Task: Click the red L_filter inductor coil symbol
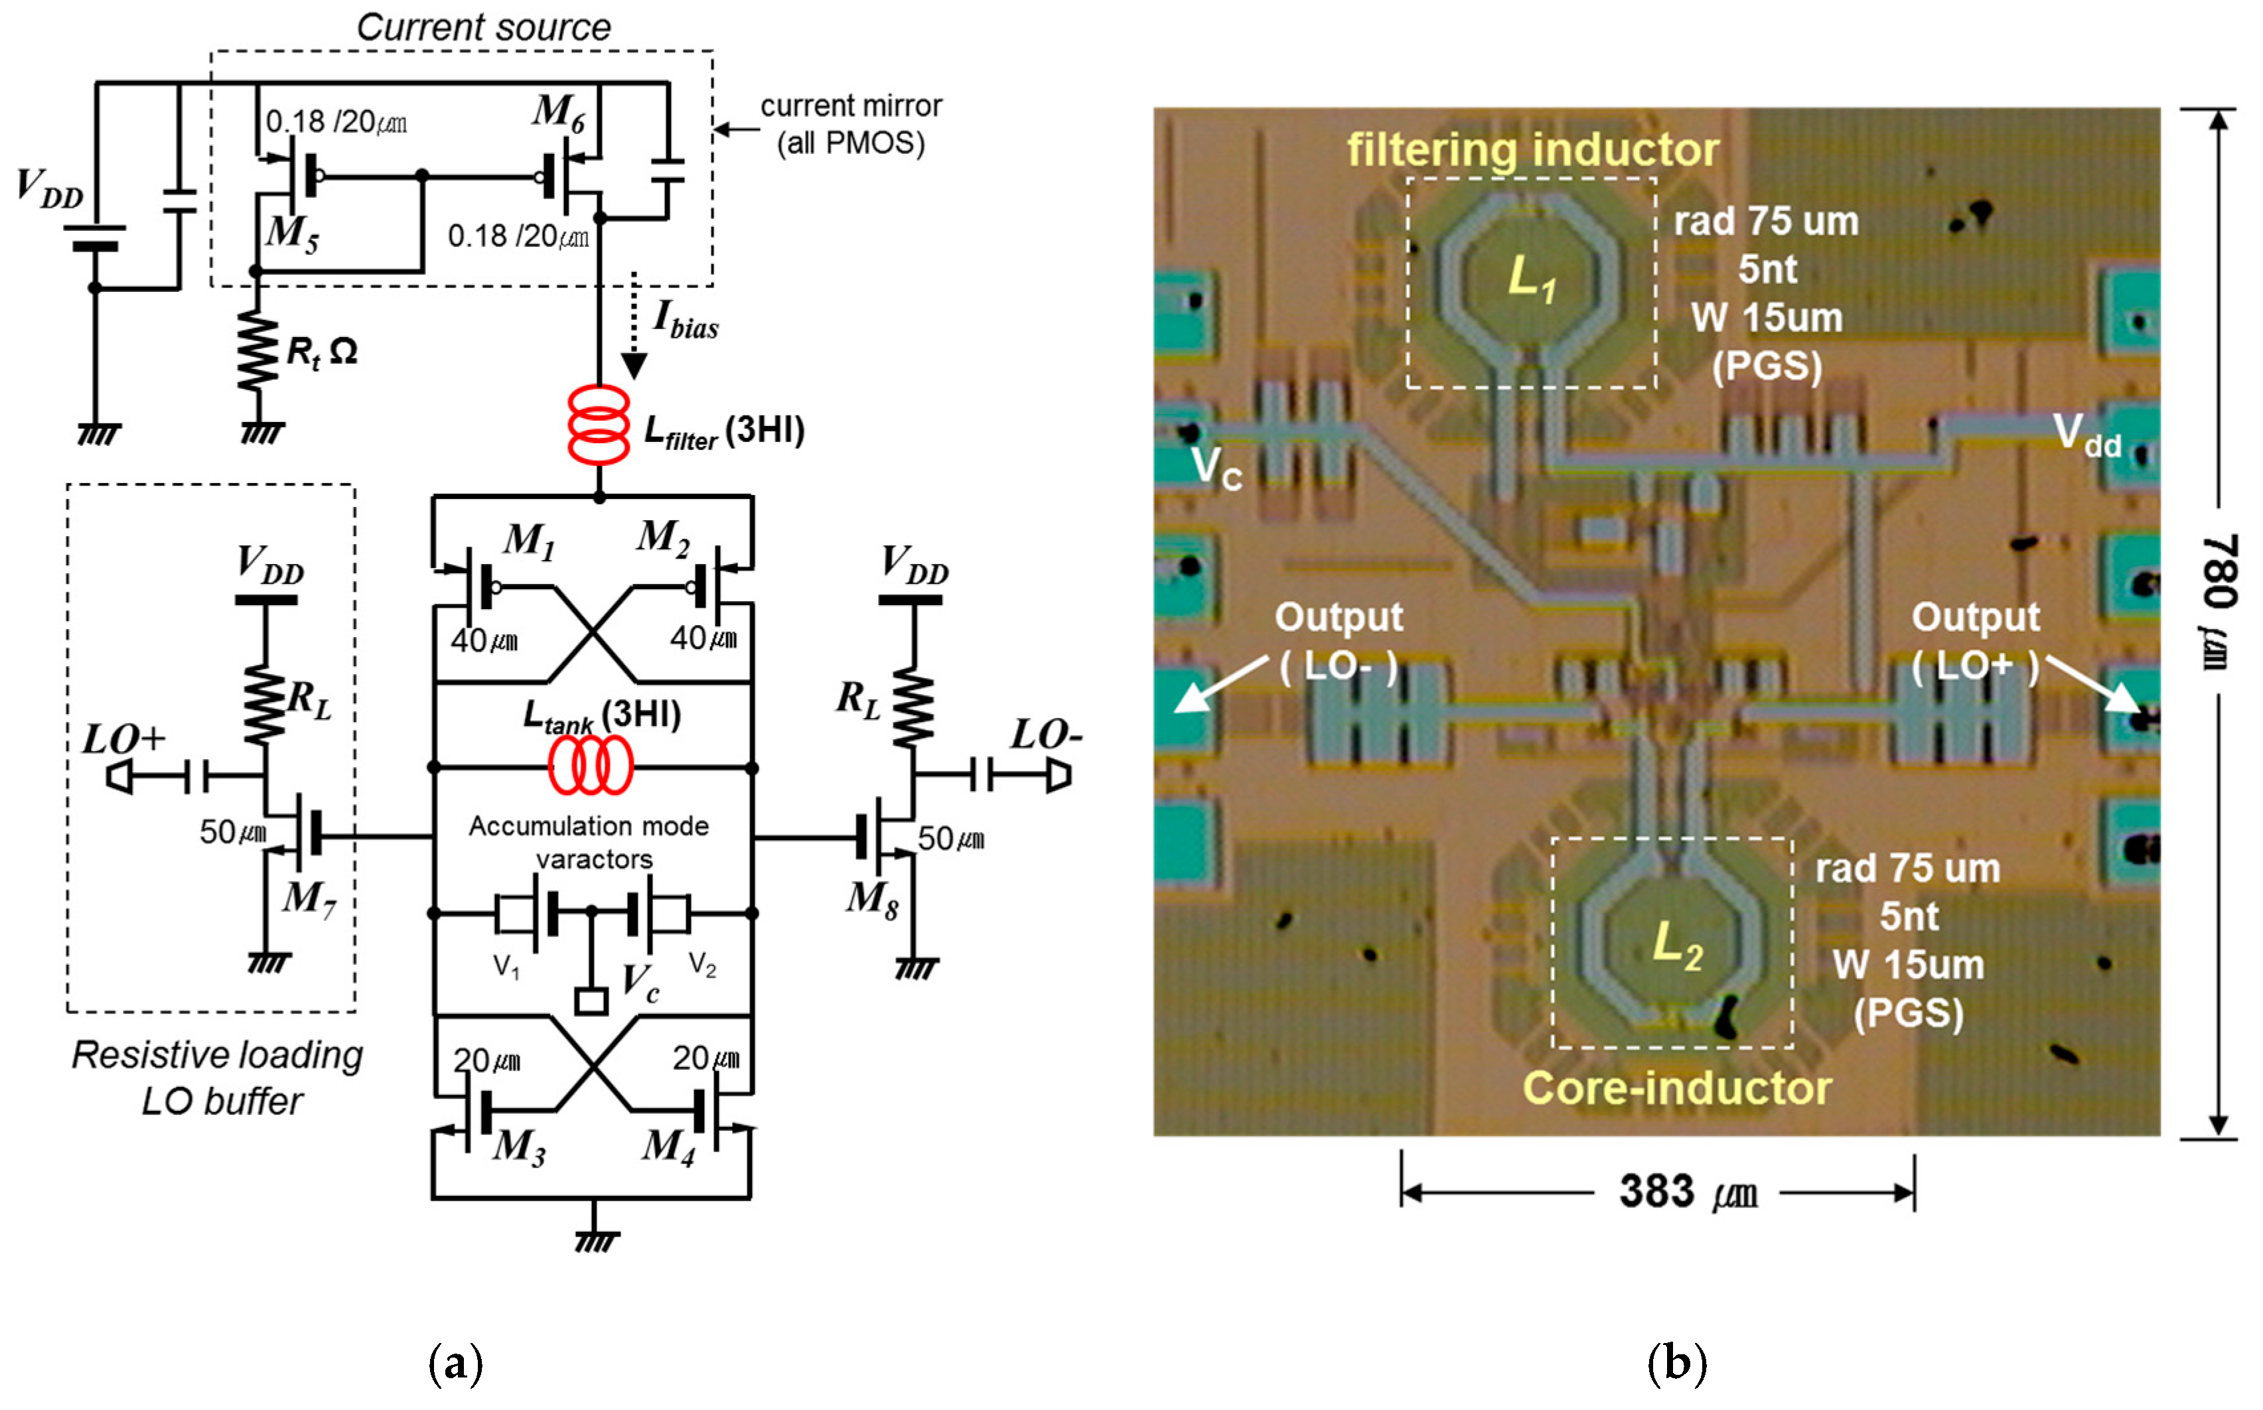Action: pyautogui.click(x=599, y=425)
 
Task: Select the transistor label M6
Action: pyautogui.click(x=559, y=113)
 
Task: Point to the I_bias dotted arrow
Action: pyautogui.click(x=634, y=326)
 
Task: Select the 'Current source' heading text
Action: pyautogui.click(x=483, y=27)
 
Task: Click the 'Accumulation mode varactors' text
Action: pyautogui.click(x=589, y=842)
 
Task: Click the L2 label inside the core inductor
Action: pyautogui.click(x=1676, y=945)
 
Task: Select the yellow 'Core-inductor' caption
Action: pyautogui.click(x=1676, y=1088)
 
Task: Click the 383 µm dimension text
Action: pyautogui.click(x=1688, y=1193)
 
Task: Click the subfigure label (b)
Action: pyautogui.click(x=1676, y=1364)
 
